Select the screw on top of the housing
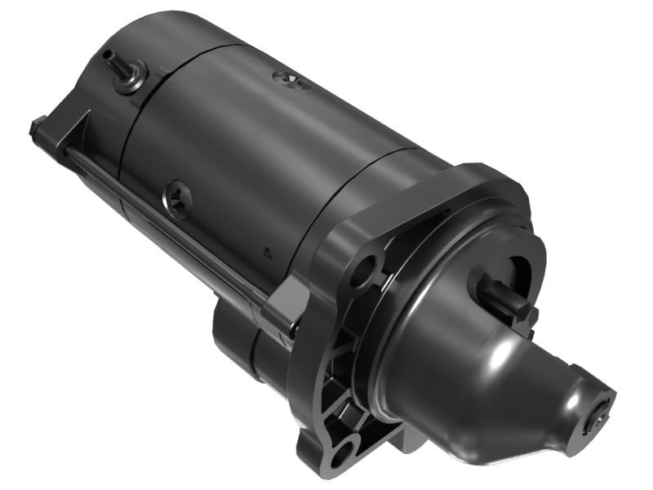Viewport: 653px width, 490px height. [287, 78]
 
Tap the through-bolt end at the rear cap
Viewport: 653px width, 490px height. [38, 128]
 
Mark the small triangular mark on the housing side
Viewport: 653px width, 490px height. [266, 251]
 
